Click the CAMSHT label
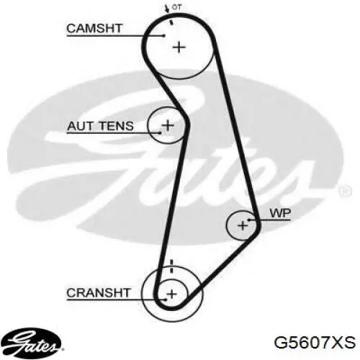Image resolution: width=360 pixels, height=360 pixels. [x=94, y=28]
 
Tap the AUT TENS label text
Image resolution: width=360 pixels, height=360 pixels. [x=100, y=126]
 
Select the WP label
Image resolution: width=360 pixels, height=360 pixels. [x=280, y=213]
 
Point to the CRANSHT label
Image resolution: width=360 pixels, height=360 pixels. [x=99, y=293]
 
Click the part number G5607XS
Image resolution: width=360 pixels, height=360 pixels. [x=315, y=343]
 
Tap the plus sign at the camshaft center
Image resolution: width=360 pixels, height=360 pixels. [x=179, y=47]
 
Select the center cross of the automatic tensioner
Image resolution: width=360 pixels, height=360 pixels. [x=168, y=125]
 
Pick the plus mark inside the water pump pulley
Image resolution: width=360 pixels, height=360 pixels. [x=243, y=225]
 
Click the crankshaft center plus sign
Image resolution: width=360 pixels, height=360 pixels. [x=171, y=294]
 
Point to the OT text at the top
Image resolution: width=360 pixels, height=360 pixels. [x=177, y=7]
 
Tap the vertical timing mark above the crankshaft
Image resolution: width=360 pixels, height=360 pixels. [x=171, y=266]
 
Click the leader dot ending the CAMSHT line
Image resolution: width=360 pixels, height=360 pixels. [x=164, y=36]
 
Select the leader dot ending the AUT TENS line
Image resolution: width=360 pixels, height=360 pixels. [x=160, y=132]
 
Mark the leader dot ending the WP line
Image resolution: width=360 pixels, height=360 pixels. [x=249, y=220]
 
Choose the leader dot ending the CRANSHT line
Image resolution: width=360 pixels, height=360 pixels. [x=166, y=300]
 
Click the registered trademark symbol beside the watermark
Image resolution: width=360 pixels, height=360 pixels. [x=345, y=192]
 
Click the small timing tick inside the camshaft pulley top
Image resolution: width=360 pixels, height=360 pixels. [x=171, y=22]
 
